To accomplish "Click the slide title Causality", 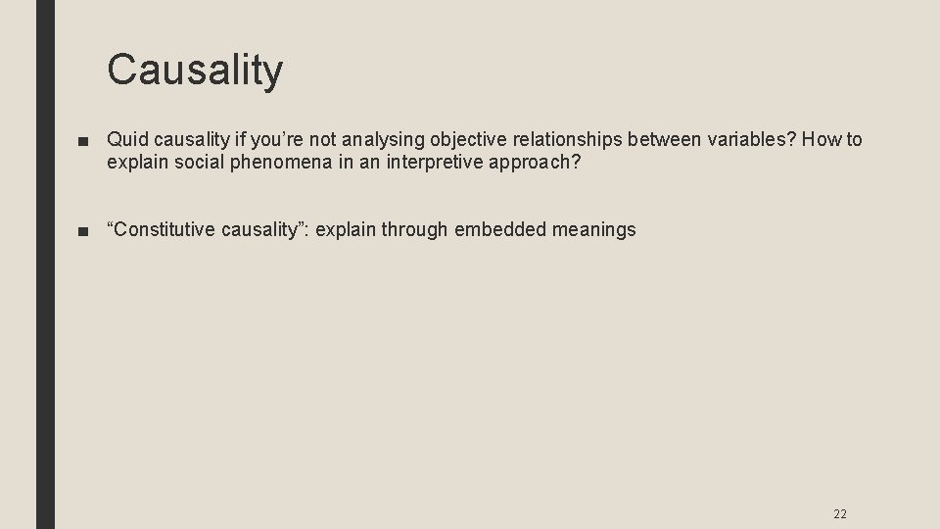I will [x=195, y=70].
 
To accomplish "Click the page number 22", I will [x=839, y=512].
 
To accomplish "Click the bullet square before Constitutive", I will [x=86, y=231].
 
